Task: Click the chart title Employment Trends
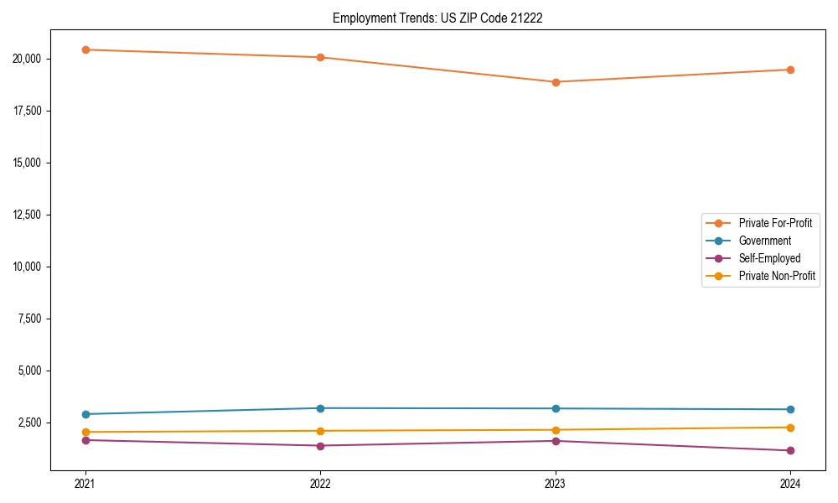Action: point(437,18)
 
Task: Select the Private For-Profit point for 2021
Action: point(85,49)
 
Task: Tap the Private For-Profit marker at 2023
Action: point(555,82)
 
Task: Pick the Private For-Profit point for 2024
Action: point(790,70)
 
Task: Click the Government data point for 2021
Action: point(85,414)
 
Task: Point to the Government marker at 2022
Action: point(320,408)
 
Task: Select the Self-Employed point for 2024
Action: point(790,451)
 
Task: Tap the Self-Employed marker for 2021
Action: point(85,440)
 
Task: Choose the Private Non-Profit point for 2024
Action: point(790,428)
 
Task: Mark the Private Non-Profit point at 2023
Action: point(555,430)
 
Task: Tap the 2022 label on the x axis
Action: point(320,483)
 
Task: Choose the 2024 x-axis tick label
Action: point(790,483)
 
